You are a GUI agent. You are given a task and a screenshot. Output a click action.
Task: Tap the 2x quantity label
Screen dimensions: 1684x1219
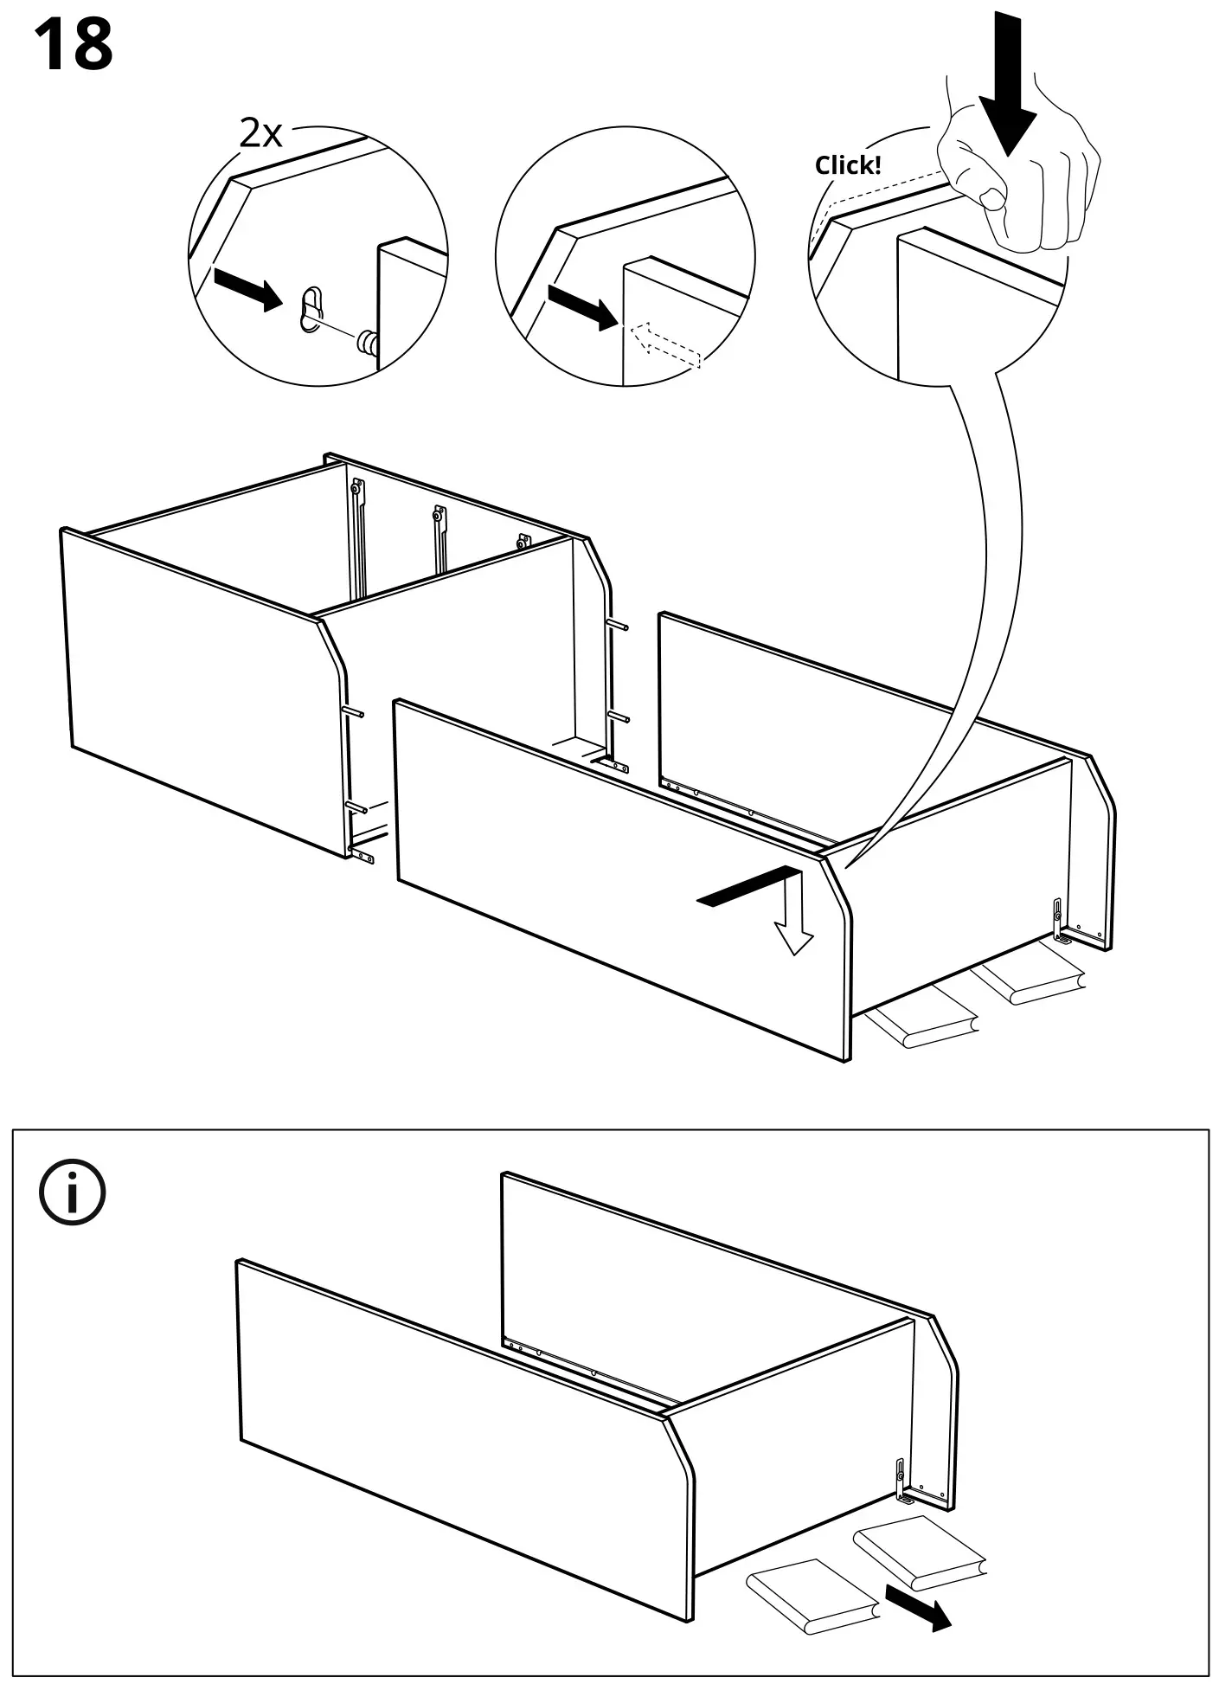pyautogui.click(x=260, y=133)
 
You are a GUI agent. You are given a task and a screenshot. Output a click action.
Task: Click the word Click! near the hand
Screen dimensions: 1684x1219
pyautogui.click(x=847, y=165)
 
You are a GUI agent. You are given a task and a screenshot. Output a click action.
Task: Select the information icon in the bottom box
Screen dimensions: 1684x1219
pyautogui.click(x=73, y=1192)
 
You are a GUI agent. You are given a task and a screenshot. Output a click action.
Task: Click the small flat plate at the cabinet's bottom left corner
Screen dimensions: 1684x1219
pyautogui.click(x=364, y=856)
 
